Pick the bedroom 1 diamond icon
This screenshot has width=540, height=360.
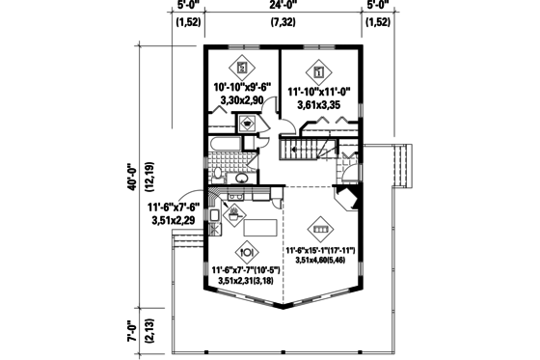(317, 69)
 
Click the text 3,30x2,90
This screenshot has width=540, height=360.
(241, 99)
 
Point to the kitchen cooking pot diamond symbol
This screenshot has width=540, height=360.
(234, 214)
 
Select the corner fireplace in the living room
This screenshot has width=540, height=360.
(349, 201)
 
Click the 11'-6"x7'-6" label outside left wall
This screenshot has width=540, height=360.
(172, 213)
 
